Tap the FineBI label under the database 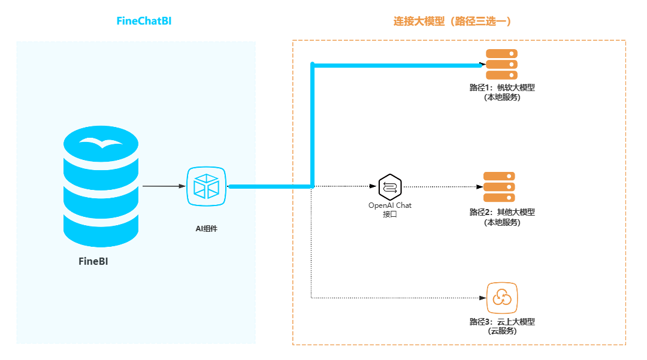pyautogui.click(x=93, y=261)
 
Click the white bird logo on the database pyautogui.click(x=101, y=143)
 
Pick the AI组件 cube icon pyautogui.click(x=206, y=186)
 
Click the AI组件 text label pyautogui.click(x=206, y=228)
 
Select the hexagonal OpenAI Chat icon pyautogui.click(x=390, y=187)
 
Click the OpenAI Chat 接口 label pyautogui.click(x=390, y=210)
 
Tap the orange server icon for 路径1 pyautogui.click(x=501, y=64)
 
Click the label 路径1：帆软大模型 pyautogui.click(x=502, y=87)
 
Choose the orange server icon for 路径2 pyautogui.click(x=499, y=187)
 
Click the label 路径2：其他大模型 pyautogui.click(x=502, y=212)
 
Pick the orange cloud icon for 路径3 pyautogui.click(x=501, y=298)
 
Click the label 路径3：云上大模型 pyautogui.click(x=502, y=322)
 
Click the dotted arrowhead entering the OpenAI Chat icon pyautogui.click(x=375, y=186)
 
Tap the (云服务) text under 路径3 pyautogui.click(x=502, y=331)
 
